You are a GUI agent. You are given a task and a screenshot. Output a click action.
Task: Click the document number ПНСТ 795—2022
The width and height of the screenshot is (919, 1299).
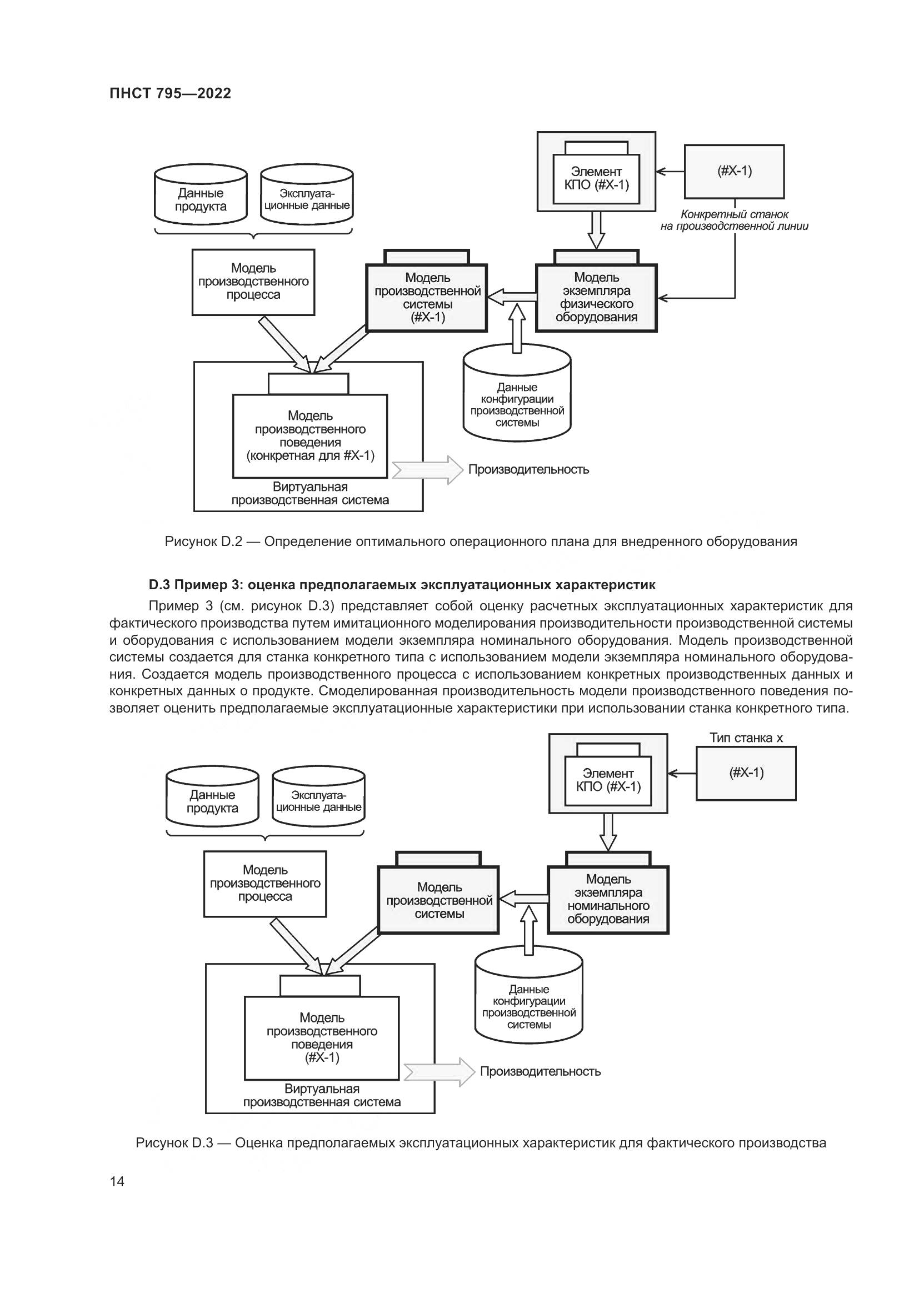171,94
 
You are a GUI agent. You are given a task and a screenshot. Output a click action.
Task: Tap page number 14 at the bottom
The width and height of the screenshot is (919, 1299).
117,1181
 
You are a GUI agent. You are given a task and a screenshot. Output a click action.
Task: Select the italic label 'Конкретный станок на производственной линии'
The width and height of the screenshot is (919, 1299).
735,220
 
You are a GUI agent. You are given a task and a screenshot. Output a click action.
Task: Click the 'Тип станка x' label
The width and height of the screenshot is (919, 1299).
746,738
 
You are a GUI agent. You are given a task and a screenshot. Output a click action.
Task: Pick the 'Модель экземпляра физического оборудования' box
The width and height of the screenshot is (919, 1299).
596,298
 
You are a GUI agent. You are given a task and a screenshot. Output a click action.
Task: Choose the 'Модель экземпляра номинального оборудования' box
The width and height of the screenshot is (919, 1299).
608,899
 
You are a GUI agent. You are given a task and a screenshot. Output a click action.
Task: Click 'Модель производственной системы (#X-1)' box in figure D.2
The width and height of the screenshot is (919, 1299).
427,298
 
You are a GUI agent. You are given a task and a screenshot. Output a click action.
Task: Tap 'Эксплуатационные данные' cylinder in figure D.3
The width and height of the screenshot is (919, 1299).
318,801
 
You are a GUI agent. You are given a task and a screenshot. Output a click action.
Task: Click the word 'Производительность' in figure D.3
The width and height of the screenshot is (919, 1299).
541,1071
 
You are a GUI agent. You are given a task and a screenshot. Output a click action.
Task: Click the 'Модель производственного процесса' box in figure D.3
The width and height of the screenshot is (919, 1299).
265,883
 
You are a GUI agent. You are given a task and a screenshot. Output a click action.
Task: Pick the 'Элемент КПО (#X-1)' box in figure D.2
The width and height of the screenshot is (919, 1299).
596,178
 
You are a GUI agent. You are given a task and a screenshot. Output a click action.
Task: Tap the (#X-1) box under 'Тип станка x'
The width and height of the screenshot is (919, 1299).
746,773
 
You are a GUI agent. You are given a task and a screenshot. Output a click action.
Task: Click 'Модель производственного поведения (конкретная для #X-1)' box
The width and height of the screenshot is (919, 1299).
310,436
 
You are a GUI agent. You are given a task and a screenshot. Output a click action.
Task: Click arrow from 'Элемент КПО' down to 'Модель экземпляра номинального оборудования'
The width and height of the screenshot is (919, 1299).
608,832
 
